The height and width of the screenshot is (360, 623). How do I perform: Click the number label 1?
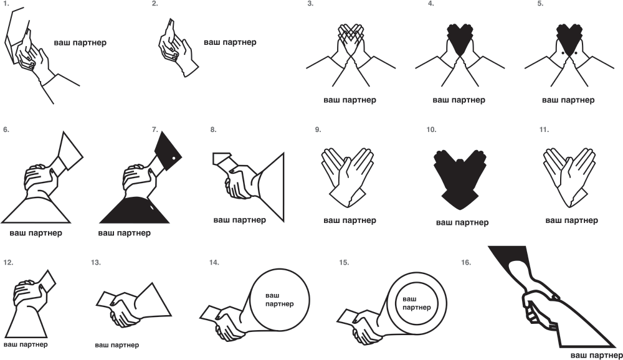click(x=6, y=4)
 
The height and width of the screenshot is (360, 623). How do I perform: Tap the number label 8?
click(x=213, y=130)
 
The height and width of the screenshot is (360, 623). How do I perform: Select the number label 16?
click(x=466, y=262)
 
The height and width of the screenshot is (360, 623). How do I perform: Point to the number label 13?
click(x=96, y=262)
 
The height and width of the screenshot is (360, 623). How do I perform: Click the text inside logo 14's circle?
click(x=279, y=300)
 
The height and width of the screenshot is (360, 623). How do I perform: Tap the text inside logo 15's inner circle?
click(x=416, y=303)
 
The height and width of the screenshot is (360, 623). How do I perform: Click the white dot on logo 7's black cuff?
click(x=174, y=159)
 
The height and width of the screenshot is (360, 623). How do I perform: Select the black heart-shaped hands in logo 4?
click(x=460, y=39)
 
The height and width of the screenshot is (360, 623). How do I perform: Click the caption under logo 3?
click(x=350, y=100)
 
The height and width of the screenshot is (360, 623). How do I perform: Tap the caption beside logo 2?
click(x=230, y=42)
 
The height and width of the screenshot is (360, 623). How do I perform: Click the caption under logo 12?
click(x=26, y=344)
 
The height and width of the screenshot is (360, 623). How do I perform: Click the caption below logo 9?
click(x=350, y=220)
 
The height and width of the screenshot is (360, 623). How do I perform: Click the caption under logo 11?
click(x=571, y=220)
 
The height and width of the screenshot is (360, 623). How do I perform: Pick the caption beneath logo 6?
click(x=36, y=233)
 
